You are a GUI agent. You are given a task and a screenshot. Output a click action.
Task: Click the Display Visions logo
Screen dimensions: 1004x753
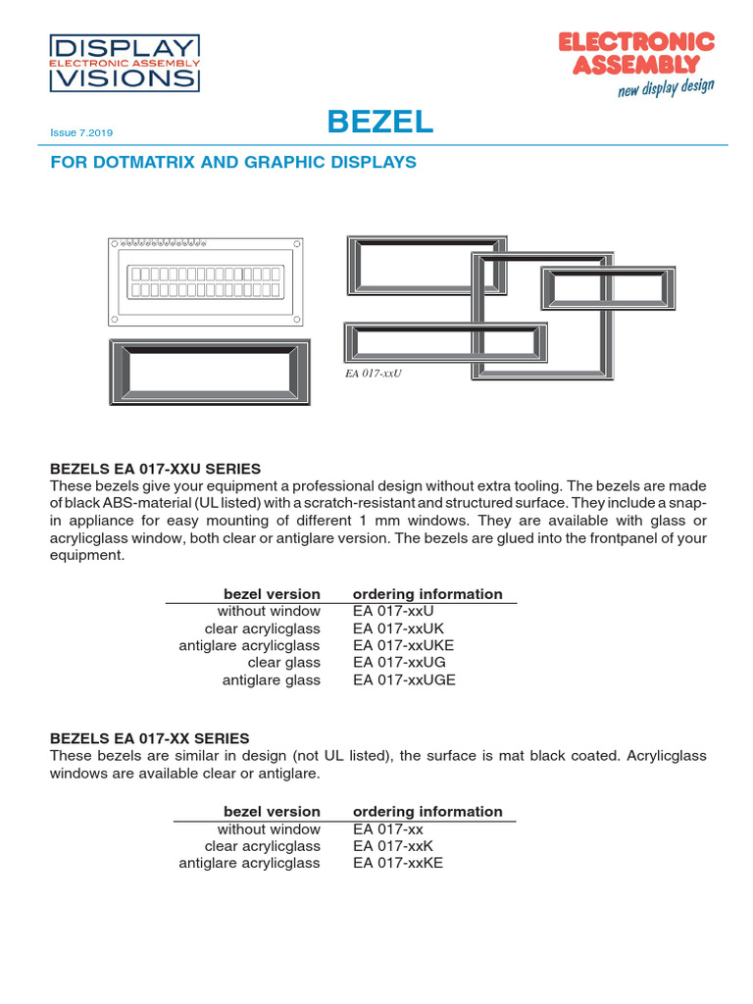coord(125,63)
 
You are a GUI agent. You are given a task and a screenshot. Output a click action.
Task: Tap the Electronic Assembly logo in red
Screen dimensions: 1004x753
coord(635,53)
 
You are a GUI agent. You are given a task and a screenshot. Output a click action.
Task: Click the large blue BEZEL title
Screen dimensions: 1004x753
coord(379,123)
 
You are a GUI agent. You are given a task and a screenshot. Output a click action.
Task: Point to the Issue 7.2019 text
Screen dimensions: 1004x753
coord(87,132)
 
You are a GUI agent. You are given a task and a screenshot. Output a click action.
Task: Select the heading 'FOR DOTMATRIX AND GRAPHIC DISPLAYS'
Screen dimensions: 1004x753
coord(233,162)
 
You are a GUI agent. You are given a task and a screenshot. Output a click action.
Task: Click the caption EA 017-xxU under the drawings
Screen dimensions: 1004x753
coord(374,373)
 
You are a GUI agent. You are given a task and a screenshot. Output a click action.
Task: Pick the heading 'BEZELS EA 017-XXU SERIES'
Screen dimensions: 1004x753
coord(155,469)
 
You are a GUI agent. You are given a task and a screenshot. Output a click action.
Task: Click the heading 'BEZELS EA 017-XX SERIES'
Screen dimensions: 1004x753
coord(149,737)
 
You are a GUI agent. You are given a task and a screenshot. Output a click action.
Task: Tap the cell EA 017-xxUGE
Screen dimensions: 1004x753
coord(404,679)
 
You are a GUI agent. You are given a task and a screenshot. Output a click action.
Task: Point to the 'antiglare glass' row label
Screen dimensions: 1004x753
coord(271,679)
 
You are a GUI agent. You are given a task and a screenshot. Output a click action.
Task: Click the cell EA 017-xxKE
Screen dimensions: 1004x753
coord(397,863)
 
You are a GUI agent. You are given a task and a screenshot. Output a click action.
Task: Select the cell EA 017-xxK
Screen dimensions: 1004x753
coord(392,846)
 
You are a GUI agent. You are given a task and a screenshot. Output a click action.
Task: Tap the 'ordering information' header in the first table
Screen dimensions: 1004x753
coord(427,594)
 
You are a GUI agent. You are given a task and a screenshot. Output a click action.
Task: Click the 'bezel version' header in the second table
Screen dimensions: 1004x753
coord(272,812)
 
